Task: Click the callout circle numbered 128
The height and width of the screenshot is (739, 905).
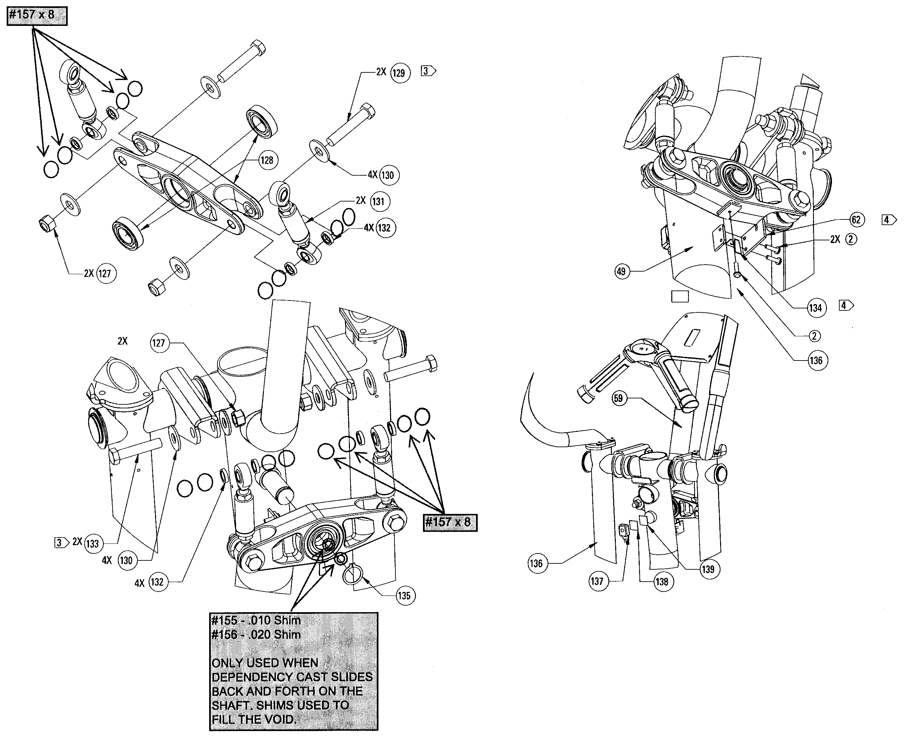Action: [x=267, y=160]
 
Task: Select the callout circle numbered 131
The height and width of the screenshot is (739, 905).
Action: [x=378, y=202]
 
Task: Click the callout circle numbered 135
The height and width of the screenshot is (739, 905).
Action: [x=404, y=596]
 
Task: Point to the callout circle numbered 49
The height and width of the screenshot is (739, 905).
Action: [x=621, y=271]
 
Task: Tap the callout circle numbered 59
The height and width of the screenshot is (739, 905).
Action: [x=618, y=398]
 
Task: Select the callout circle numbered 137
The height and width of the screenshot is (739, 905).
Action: [x=597, y=581]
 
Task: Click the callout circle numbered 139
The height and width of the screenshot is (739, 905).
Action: [x=708, y=569]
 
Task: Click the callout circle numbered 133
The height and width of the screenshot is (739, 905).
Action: [x=92, y=543]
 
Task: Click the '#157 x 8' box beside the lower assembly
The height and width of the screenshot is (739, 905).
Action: [x=450, y=522]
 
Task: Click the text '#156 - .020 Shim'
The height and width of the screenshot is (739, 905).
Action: [x=256, y=634]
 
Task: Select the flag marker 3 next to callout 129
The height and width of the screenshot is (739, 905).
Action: [x=428, y=71]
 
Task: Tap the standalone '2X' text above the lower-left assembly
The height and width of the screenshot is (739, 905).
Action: [x=122, y=341]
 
